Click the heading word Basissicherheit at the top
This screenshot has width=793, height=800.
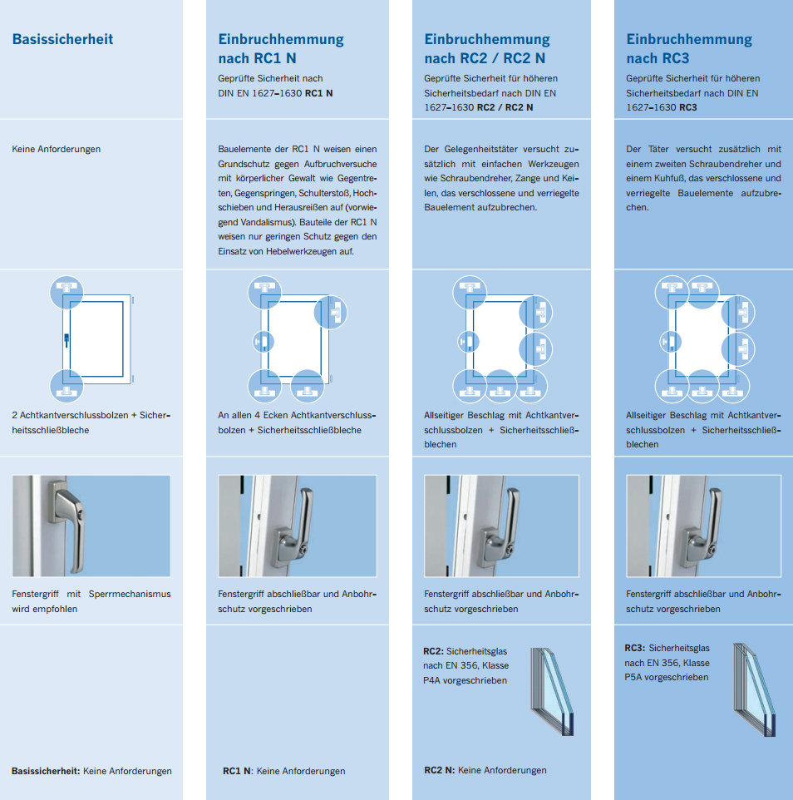pos(62,39)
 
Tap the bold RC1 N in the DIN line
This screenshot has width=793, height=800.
pos(318,93)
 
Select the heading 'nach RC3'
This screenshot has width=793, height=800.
pos(658,59)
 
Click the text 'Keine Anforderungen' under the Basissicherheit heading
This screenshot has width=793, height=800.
pos(56,149)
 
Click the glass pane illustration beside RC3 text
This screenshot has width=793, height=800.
pos(756,689)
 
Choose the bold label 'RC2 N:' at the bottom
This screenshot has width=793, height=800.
pos(439,770)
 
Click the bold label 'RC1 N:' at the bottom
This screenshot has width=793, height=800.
pos(239,771)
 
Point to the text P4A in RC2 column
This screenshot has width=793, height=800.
pos(432,680)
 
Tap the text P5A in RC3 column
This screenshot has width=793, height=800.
pos(633,678)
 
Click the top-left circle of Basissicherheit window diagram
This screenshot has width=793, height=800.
pos(66,293)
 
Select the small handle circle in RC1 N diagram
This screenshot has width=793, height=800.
pos(264,341)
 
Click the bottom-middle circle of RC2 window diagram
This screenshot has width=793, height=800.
pos(500,386)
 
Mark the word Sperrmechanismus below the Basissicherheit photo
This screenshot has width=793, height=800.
pos(130,594)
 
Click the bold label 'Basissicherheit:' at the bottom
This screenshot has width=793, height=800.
pos(46,771)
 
